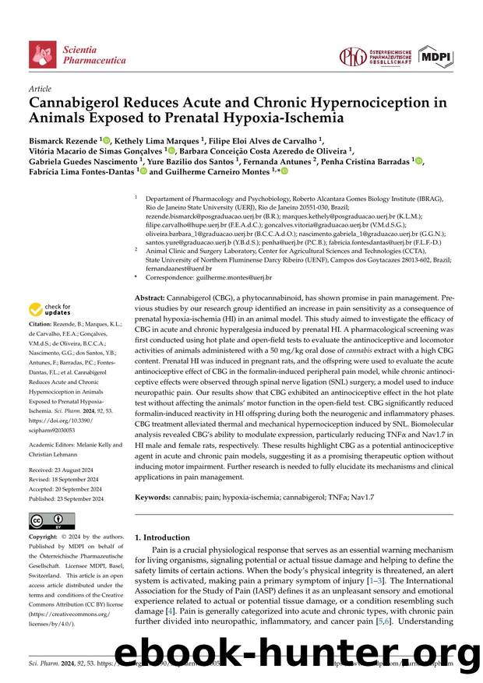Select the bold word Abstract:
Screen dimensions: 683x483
(x=150, y=298)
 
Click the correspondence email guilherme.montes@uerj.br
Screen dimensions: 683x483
(x=233, y=277)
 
